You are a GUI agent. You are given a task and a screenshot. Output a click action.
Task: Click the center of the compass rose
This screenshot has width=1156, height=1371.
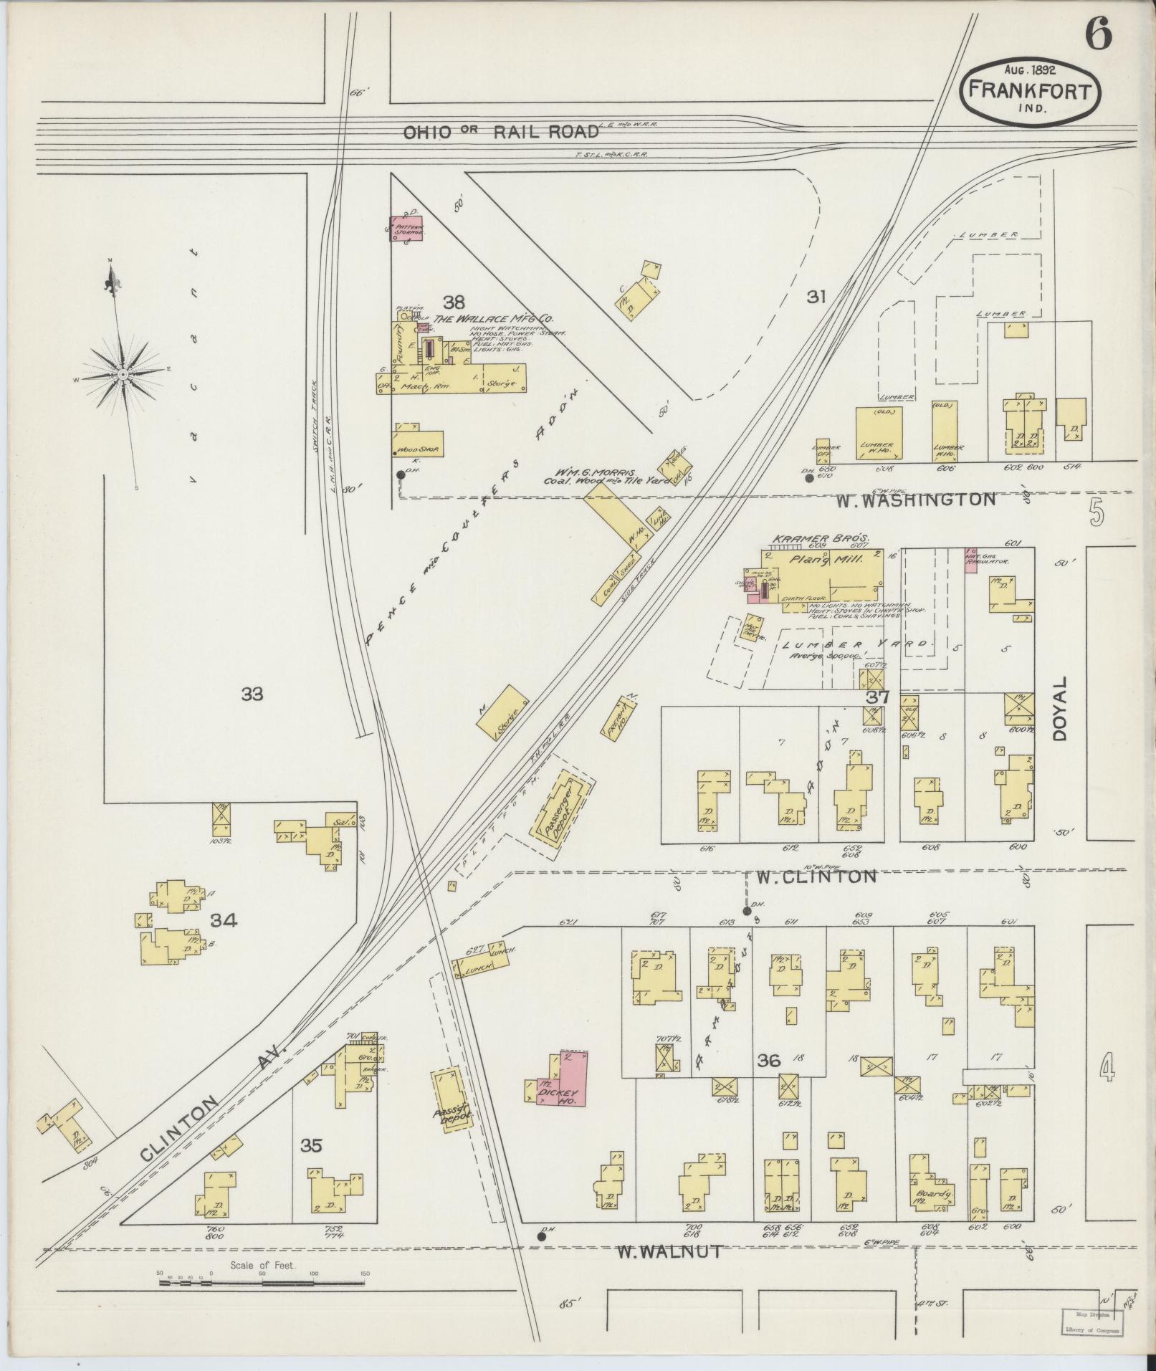[123, 374]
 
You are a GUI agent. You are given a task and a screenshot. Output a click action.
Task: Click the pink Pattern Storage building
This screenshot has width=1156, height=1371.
[407, 229]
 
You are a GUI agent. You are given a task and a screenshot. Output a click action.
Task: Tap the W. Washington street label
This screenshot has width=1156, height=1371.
[915, 500]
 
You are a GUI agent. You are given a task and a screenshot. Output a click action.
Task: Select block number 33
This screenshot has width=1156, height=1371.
[252, 694]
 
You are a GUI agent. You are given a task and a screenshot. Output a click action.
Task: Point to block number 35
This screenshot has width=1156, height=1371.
[311, 1146]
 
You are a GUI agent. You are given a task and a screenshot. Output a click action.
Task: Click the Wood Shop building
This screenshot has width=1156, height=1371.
[418, 444]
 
